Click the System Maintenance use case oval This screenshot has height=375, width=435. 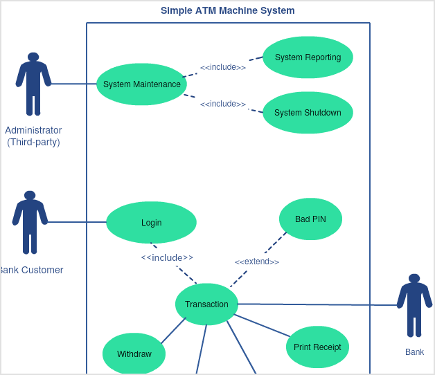click(141, 84)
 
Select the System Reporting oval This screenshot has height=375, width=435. click(308, 57)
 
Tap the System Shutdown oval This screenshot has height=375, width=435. click(308, 113)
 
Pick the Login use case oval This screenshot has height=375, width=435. click(151, 223)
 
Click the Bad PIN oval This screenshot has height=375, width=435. click(310, 219)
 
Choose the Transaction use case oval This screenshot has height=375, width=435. click(206, 304)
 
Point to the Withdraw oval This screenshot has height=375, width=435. click(134, 354)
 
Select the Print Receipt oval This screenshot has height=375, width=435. click(317, 347)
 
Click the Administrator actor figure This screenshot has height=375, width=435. click(33, 84)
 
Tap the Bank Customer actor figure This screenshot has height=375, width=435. click(30, 222)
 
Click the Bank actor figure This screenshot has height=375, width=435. click(414, 305)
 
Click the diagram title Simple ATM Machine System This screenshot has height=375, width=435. click(228, 10)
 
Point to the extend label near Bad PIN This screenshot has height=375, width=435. click(257, 262)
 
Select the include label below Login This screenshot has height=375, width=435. click(167, 257)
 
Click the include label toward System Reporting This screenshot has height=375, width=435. click(223, 67)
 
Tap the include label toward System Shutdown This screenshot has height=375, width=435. click(223, 104)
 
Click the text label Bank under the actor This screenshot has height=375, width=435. click(414, 352)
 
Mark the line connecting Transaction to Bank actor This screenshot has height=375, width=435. click(319, 304)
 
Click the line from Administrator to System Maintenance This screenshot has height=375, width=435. click(73, 84)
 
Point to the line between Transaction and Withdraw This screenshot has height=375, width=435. click(173, 331)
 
